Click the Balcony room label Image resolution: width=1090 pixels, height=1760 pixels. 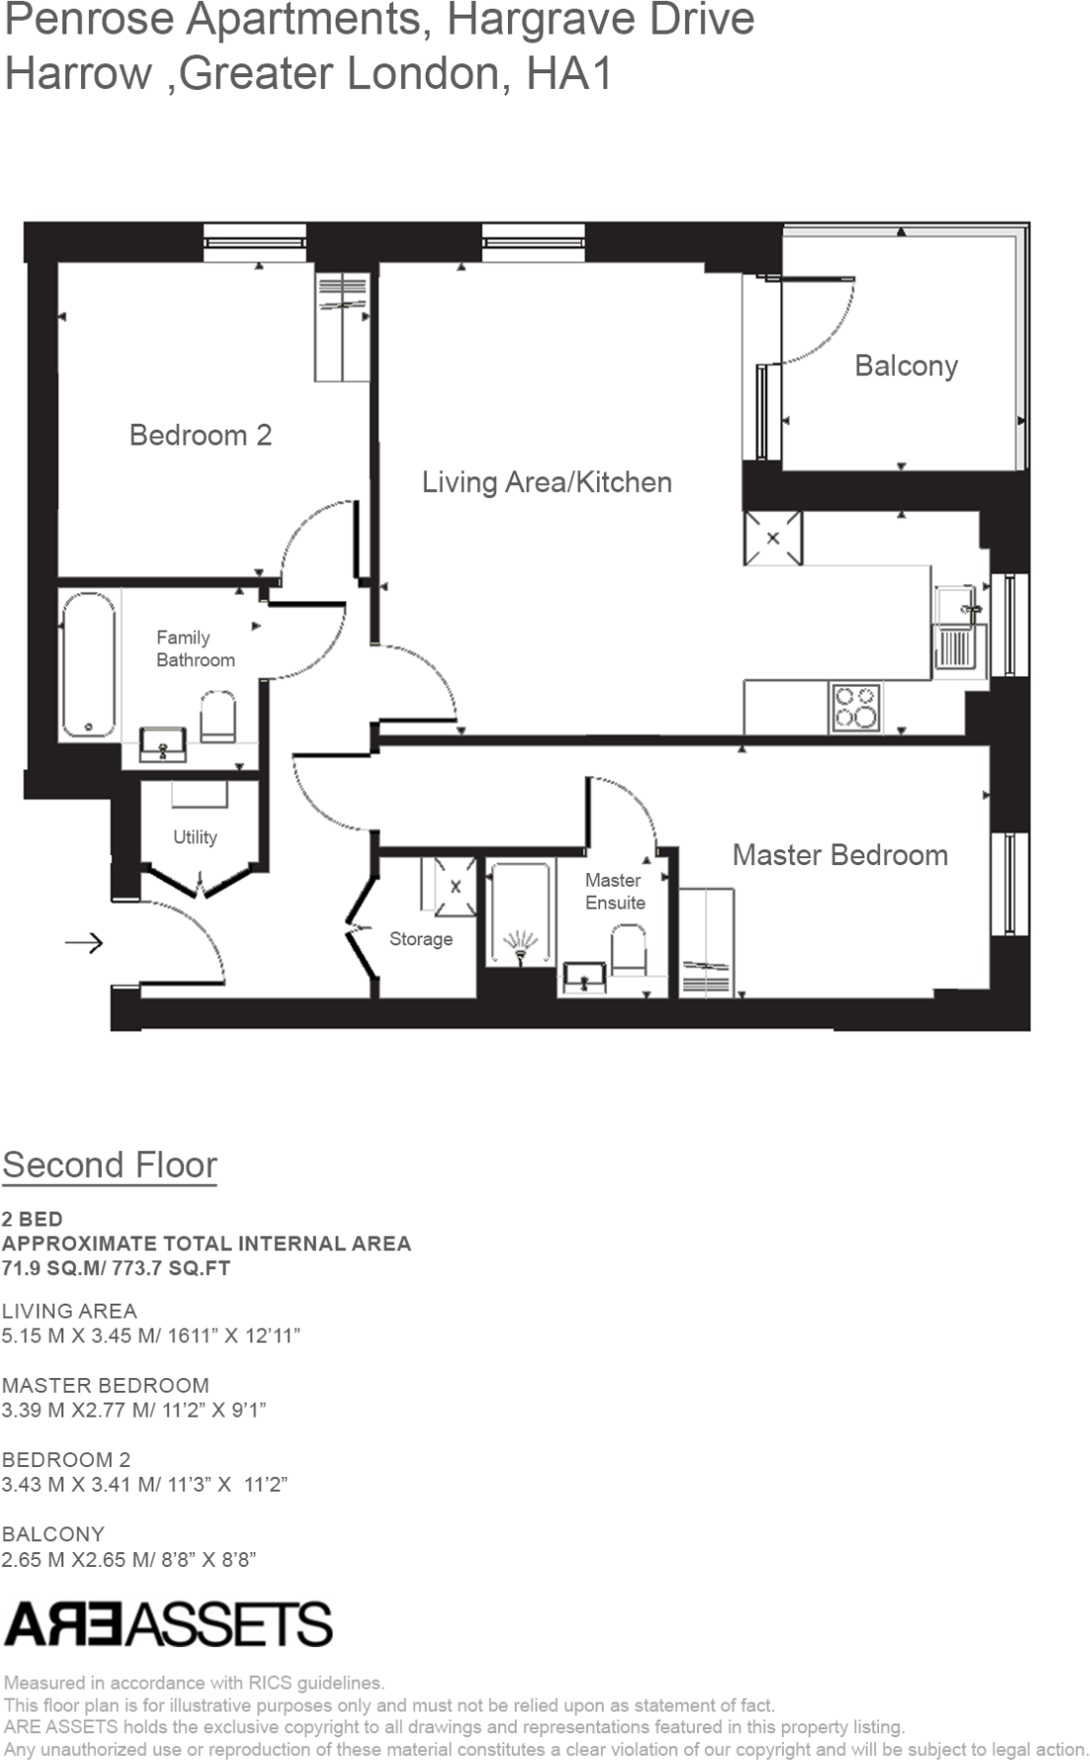[906, 366]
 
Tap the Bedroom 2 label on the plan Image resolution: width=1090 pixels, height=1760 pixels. [200, 436]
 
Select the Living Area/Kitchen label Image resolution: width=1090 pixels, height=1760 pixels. [546, 483]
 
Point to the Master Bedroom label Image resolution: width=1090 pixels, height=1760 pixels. [840, 855]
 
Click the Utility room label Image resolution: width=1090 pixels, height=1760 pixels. [195, 837]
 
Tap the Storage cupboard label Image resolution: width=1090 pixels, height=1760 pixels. [421, 939]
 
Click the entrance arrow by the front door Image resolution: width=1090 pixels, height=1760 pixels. [84, 942]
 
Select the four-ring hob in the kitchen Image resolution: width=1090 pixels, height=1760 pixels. [856, 709]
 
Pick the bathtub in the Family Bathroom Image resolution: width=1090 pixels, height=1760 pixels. [89, 664]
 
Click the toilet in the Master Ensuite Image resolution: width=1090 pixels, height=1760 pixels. [629, 950]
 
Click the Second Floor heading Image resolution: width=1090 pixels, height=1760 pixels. [110, 1165]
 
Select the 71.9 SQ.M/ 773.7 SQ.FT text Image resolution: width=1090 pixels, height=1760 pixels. [116, 1268]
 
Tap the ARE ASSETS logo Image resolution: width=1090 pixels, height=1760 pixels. [168, 1624]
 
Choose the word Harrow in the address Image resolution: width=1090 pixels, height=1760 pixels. [78, 74]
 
